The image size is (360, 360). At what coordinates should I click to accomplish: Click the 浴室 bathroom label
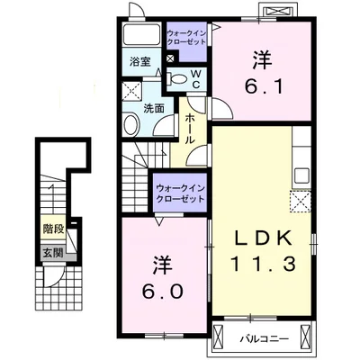point(140,62)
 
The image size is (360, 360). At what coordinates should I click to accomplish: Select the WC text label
point(195,79)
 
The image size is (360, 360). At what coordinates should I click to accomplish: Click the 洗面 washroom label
point(154,109)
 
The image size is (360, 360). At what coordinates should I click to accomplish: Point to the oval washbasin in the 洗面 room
point(131,124)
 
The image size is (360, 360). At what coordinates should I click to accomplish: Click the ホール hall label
point(191,128)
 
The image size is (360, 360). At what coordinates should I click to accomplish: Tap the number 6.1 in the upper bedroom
point(263,74)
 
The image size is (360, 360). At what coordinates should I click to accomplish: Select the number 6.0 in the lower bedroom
point(163,278)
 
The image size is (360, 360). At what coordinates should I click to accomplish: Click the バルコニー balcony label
point(265,339)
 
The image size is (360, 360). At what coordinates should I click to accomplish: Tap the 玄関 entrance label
point(53,253)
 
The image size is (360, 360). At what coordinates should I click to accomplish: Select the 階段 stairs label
point(53,229)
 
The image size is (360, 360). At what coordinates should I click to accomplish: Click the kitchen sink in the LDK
point(301,175)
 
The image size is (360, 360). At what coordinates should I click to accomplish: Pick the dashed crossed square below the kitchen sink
point(301,202)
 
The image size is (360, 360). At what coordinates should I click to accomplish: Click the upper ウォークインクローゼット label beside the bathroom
point(186,37)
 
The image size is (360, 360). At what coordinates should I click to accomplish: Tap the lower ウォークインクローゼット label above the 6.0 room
point(180,193)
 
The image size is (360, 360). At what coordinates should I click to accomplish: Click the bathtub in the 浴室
point(142,35)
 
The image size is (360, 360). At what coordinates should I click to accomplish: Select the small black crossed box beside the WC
point(170,58)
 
